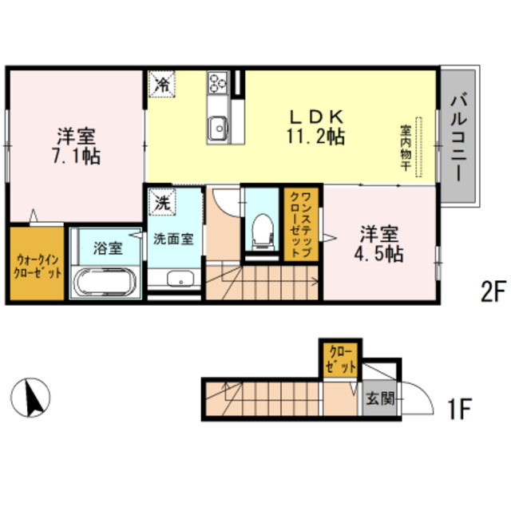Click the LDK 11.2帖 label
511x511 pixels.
coord(316,125)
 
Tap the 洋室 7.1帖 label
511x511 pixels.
coord(77,145)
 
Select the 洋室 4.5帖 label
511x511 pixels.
coord(379,244)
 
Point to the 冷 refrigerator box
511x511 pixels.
coord(162,83)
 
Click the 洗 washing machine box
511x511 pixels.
coord(162,203)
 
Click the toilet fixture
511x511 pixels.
coord(259,230)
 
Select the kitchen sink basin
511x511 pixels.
coord(216,126)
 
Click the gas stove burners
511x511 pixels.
coord(218,82)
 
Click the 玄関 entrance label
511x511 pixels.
coord(380,398)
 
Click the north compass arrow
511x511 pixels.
coord(32,397)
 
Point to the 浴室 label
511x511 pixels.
coord(107,248)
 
